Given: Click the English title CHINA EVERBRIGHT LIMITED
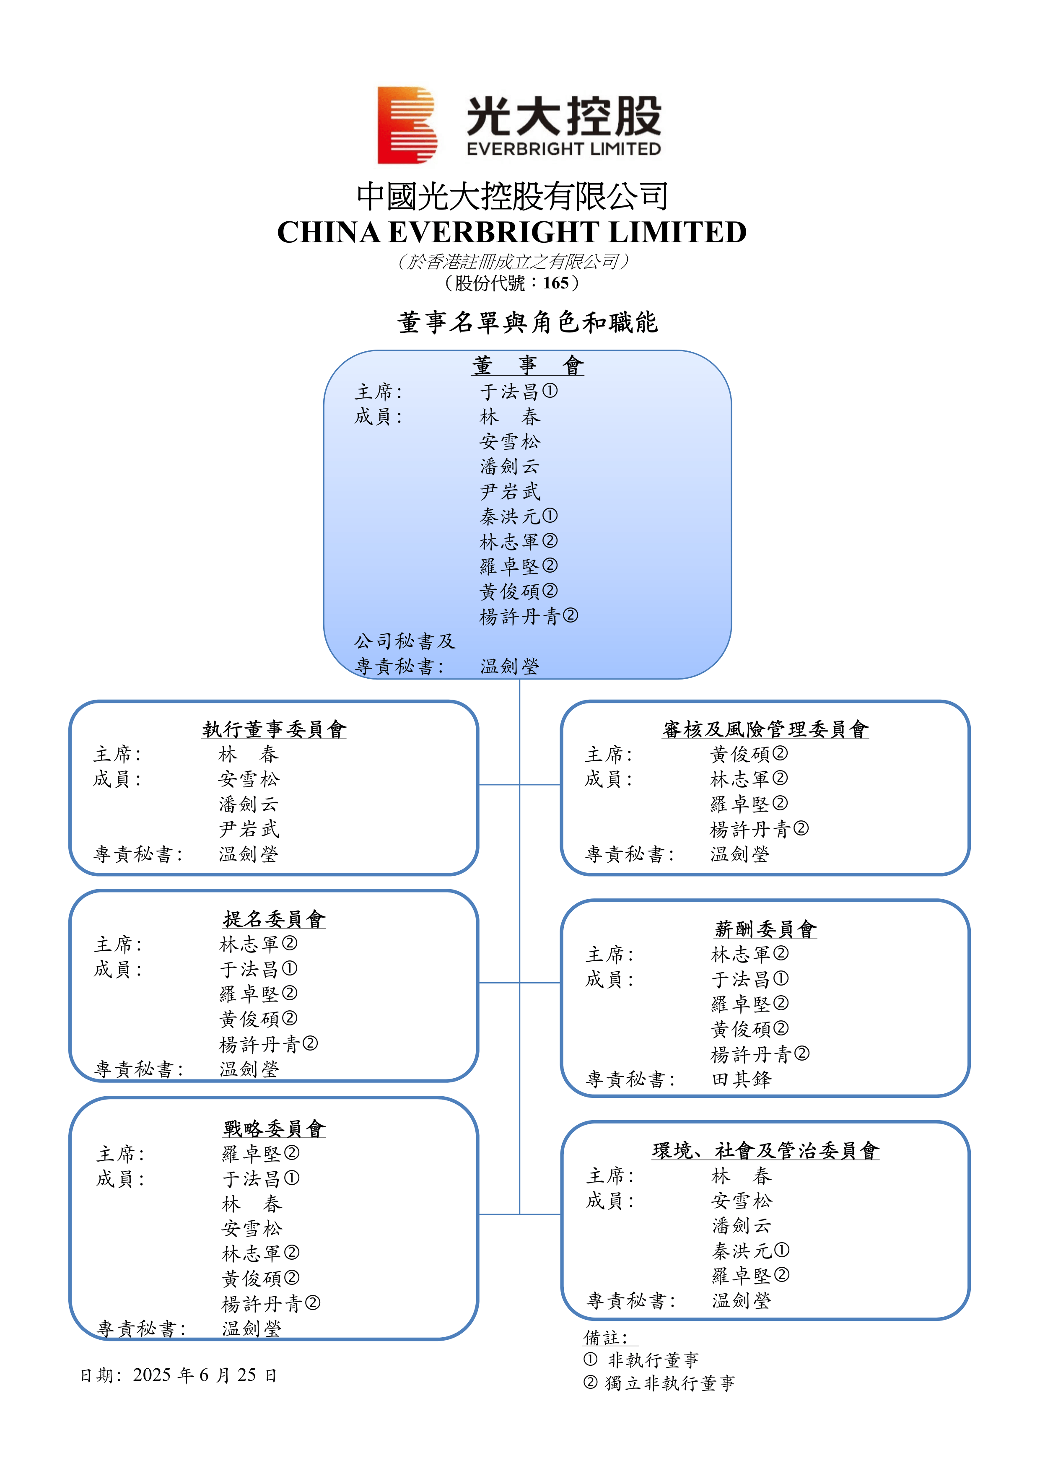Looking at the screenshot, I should pos(511,232).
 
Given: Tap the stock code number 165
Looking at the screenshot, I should pos(555,283).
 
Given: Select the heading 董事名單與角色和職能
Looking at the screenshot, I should pos(527,322).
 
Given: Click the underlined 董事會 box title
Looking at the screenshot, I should pos(527,365).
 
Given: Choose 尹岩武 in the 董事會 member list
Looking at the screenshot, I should pos(510,491).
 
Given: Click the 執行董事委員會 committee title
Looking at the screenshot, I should pos(274,729).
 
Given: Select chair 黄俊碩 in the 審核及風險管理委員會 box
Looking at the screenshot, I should pos(740,755).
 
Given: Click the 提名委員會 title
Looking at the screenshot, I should pos(274,919).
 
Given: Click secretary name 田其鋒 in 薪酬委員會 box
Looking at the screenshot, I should pos(742,1079).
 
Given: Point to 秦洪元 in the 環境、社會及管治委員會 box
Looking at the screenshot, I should pos(742,1250).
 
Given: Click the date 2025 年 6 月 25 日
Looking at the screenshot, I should pos(205,1375).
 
